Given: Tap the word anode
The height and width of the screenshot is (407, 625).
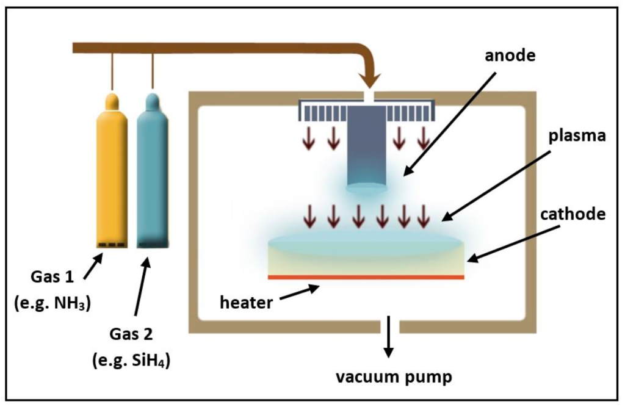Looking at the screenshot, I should point(510,56).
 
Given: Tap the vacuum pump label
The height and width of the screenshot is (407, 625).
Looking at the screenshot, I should point(394,377).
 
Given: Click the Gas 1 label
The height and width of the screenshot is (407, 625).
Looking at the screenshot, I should point(52,277).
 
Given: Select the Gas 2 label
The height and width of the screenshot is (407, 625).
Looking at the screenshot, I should point(131,334).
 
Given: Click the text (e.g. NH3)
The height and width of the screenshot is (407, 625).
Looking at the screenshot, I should point(52,303).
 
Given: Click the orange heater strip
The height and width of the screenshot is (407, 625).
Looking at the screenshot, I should point(366,277).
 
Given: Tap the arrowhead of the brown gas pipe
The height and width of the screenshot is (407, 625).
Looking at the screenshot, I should point(369,81).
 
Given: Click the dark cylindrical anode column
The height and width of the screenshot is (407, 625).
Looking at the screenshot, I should point(366,153).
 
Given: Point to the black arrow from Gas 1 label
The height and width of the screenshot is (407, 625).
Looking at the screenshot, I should point(92,266).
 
